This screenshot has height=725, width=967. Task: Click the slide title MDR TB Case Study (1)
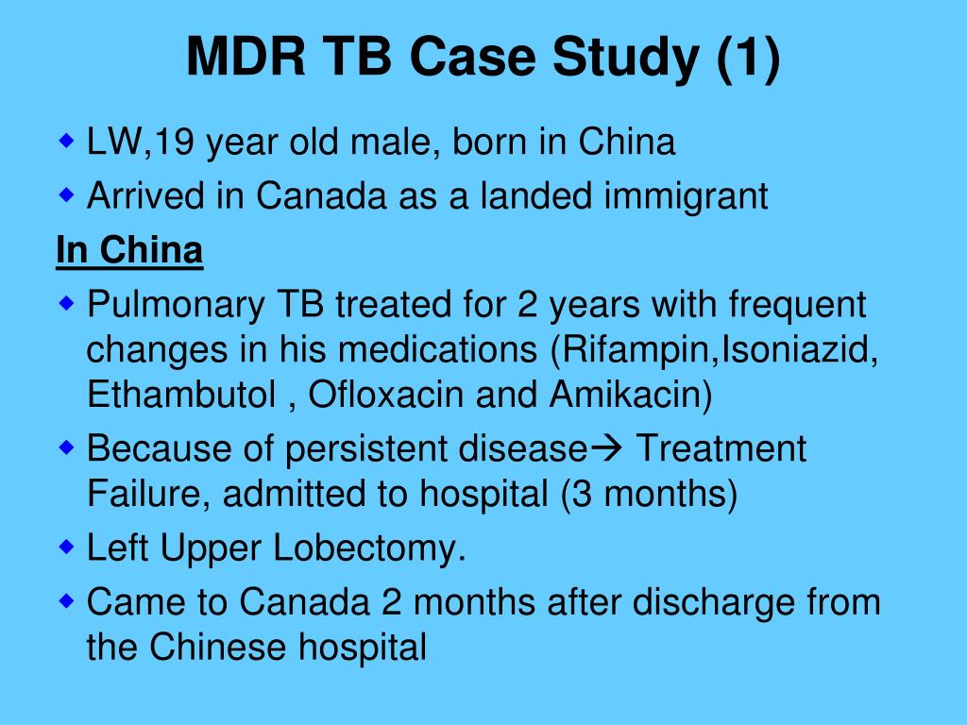483,59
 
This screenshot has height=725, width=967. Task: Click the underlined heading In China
129,251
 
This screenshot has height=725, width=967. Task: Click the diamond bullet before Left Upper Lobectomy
66,547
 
